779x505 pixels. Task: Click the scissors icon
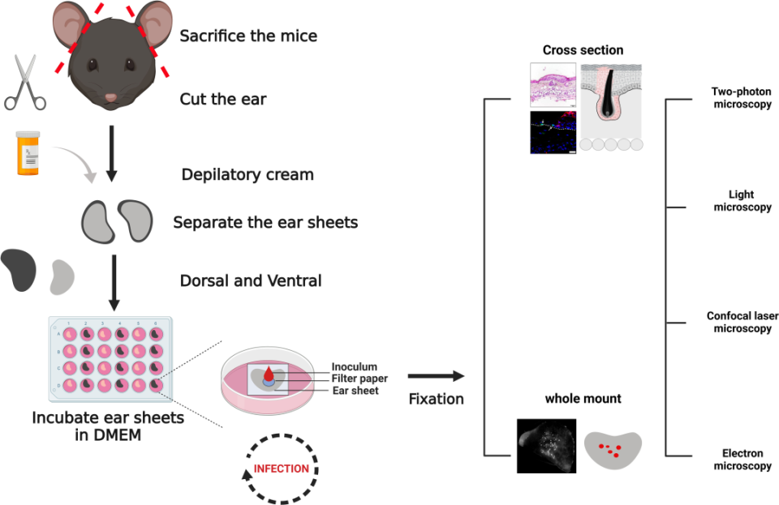(24, 83)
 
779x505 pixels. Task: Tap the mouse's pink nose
(111, 98)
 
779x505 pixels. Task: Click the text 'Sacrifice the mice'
(248, 36)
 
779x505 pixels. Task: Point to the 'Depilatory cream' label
(247, 175)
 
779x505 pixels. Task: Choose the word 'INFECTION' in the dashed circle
(282, 469)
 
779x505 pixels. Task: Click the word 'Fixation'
(437, 399)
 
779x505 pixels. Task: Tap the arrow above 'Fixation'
(436, 376)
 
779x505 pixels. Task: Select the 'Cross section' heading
(583, 50)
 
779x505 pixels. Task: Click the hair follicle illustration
(611, 106)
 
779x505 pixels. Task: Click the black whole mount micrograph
(546, 445)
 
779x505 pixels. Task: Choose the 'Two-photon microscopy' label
(741, 98)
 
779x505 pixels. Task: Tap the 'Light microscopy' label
(742, 201)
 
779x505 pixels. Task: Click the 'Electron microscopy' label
(742, 460)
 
